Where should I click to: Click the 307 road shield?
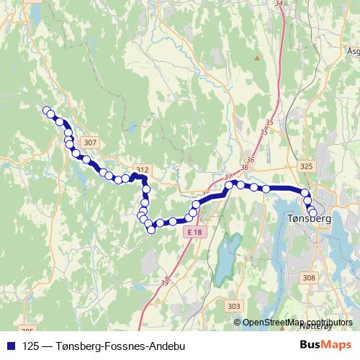tap(89, 143)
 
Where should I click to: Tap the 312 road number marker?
tap(143, 170)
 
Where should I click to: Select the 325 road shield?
tap(307, 166)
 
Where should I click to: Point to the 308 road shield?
tap(310, 277)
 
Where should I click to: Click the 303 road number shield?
tap(233, 307)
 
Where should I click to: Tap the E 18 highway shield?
tap(194, 233)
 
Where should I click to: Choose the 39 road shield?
tap(165, 282)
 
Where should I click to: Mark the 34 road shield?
tap(279, 3)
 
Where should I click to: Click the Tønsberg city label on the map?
tap(308, 219)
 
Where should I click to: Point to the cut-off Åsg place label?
tap(353, 52)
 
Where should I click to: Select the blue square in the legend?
tap(12, 346)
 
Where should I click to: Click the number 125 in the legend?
tap(31, 346)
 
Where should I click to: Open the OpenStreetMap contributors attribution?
tap(297, 322)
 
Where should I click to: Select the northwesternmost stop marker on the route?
tap(47, 110)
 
